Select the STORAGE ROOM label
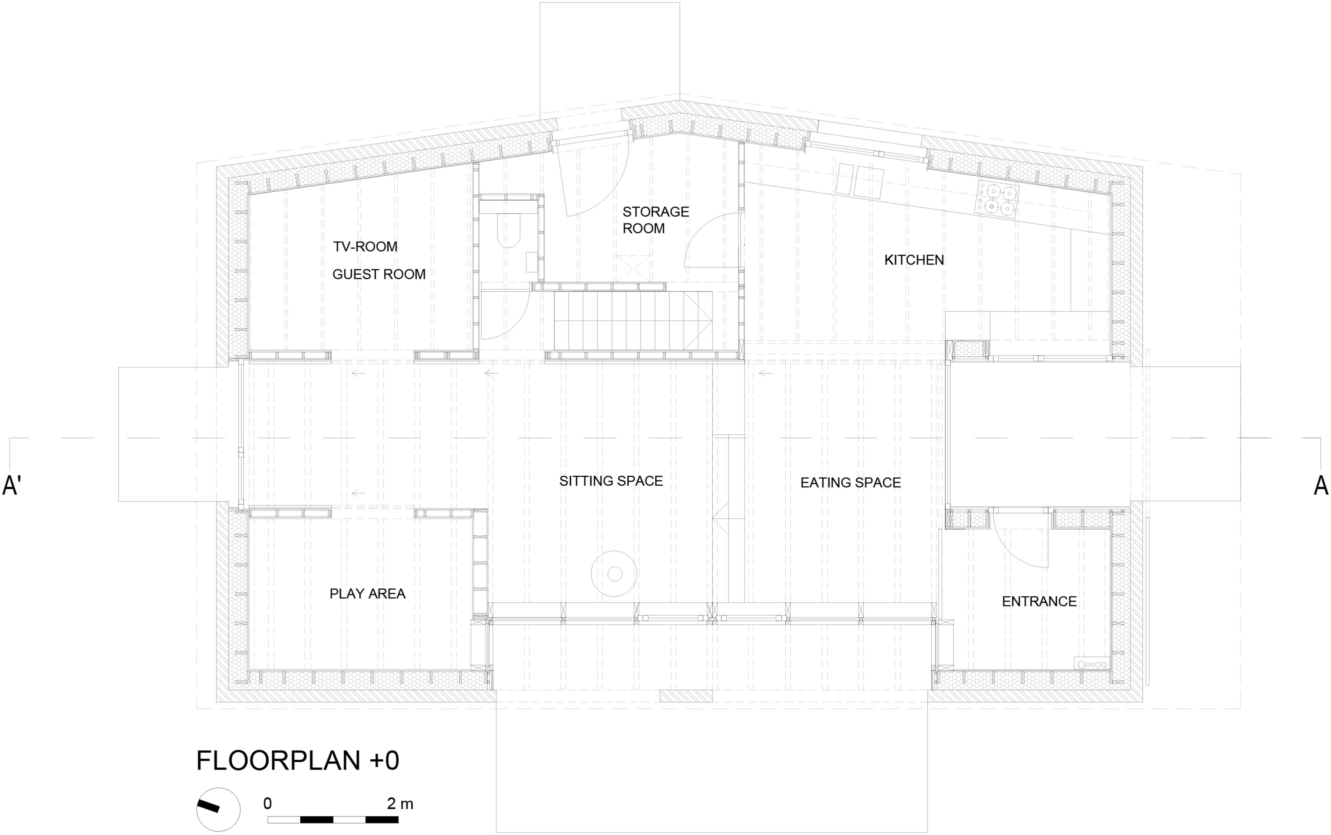(x=656, y=220)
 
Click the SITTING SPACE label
(x=611, y=481)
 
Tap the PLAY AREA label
(x=367, y=594)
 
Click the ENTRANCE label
(x=1039, y=601)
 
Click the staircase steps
(x=633, y=320)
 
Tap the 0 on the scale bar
(x=268, y=804)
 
